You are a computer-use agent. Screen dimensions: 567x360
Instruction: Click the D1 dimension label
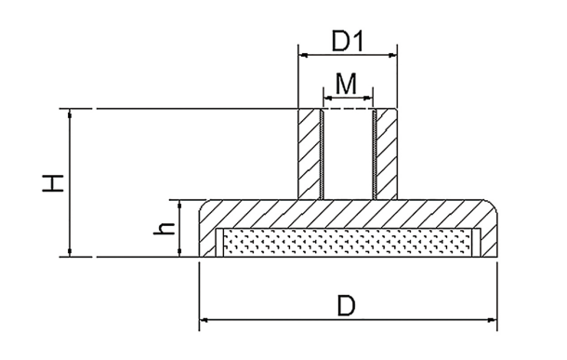347,42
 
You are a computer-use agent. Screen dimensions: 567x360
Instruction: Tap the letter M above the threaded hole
346,84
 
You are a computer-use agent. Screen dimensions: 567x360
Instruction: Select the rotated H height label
53,183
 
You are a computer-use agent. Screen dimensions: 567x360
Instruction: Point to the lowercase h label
165,228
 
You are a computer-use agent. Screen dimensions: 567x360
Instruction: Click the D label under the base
347,306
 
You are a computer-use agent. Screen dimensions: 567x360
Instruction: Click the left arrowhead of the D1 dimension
303,56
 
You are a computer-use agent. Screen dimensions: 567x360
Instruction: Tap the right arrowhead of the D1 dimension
392,56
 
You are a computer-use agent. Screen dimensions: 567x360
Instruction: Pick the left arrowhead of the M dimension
328,98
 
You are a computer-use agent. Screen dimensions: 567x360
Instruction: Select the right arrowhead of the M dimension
368,98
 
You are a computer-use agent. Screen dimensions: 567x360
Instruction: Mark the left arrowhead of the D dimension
204,320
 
